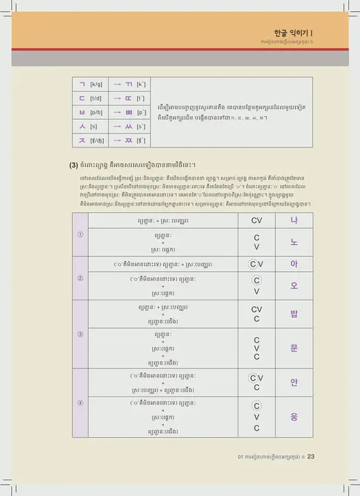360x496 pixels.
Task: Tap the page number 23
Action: tap(310, 456)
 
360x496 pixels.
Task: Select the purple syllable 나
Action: tap(294, 220)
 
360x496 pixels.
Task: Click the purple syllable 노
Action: tap(294, 242)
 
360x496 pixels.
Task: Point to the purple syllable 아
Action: tap(294, 264)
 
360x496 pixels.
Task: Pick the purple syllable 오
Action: tap(294, 286)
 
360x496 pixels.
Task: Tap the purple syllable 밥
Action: tap(294, 313)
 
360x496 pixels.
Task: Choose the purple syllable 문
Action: tap(294, 348)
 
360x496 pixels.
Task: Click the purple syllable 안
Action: tap(294, 382)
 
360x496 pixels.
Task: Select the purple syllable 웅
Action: tap(294, 417)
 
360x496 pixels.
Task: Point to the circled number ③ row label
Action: tap(80, 334)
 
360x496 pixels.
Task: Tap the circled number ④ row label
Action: tap(80, 403)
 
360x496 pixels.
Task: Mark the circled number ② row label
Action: tap(80, 278)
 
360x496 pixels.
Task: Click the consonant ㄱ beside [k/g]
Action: tap(82, 85)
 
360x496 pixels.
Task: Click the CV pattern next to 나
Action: tap(257, 220)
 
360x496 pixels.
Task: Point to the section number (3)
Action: tap(74, 165)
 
